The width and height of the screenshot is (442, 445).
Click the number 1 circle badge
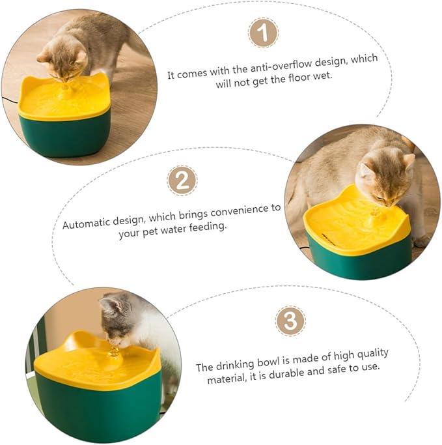coord(263,33)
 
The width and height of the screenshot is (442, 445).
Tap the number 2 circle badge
coord(182,180)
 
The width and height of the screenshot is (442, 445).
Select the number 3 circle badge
coord(290,321)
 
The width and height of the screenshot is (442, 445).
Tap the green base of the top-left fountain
coord(64,135)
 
